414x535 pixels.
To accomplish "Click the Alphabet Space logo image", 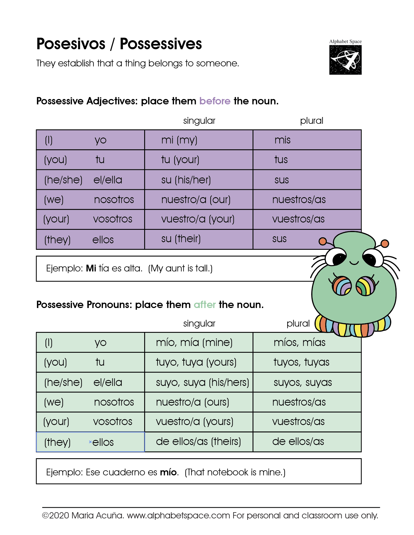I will pos(345,60).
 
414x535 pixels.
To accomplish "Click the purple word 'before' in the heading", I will pos(215,101).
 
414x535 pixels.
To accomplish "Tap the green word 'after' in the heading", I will pos(205,305).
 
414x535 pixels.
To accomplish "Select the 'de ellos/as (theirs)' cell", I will pos(198,442).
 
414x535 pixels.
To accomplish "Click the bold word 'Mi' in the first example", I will pos(91,268).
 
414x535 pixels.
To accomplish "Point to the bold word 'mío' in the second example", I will pos(168,472).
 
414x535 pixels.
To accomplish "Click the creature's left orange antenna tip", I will pos(323,241).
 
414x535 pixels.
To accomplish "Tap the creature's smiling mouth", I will pos(354,263).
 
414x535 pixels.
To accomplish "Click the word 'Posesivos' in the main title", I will pos(71,44).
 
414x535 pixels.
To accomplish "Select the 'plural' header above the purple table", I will pos(311,121).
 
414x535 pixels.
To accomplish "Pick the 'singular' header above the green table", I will pos(199,323).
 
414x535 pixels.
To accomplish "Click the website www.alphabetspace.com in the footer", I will pos(178,515).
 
